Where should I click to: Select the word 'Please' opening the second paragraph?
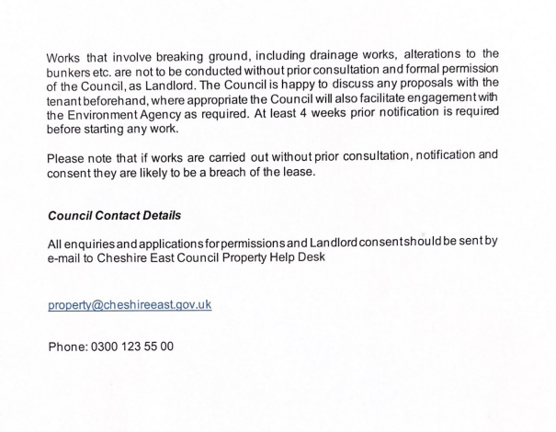click(68, 158)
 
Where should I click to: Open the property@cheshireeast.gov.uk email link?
click(130, 304)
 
